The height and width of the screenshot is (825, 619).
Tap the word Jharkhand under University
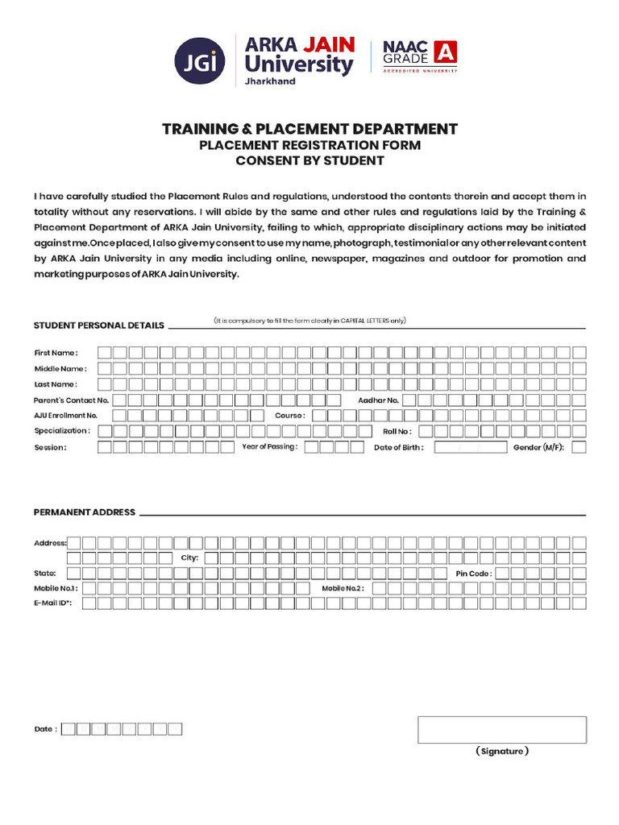tap(270, 81)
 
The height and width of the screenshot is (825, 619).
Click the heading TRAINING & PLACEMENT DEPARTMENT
tap(309, 129)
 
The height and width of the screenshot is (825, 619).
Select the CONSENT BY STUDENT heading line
tap(309, 160)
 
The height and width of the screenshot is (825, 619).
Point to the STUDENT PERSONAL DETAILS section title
tap(98, 325)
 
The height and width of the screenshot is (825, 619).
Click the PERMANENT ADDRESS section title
tap(85, 512)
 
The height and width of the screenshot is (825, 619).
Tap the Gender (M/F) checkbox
tap(579, 447)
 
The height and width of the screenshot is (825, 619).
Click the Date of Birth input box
tap(471, 447)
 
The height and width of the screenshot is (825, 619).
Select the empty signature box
tap(501, 729)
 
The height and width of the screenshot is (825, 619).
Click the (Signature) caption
tap(501, 751)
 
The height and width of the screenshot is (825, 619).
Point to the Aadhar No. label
tap(378, 400)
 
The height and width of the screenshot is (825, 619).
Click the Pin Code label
tap(473, 574)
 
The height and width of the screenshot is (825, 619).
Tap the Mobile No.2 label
tap(343, 588)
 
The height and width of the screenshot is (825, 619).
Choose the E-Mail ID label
tap(53, 603)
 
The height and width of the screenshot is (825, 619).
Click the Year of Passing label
tap(269, 446)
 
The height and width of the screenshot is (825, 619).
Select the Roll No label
tap(397, 431)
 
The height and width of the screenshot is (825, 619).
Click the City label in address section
tap(189, 558)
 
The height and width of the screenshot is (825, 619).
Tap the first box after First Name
tap(105, 352)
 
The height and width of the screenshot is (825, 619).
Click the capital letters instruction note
tap(309, 321)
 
